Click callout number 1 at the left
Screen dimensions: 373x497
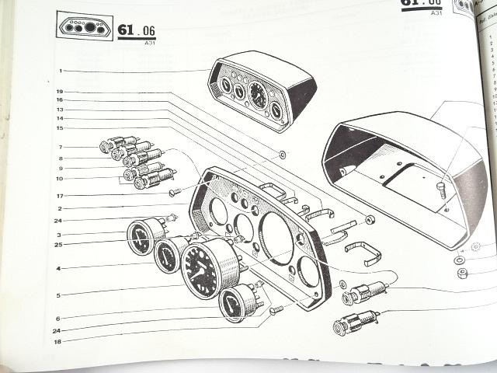[x=59, y=71]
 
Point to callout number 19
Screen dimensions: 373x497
[x=59, y=92]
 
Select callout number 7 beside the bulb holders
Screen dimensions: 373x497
[x=59, y=147]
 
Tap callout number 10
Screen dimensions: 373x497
[x=59, y=179]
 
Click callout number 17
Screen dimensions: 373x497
[x=59, y=195]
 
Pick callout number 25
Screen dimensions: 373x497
[x=59, y=245]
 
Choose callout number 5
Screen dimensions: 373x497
[x=59, y=295]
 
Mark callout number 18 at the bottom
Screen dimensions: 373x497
[x=59, y=341]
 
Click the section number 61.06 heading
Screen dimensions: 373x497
[x=137, y=30]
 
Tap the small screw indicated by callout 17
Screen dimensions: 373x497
[x=175, y=191]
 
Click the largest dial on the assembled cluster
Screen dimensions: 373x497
[x=256, y=95]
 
